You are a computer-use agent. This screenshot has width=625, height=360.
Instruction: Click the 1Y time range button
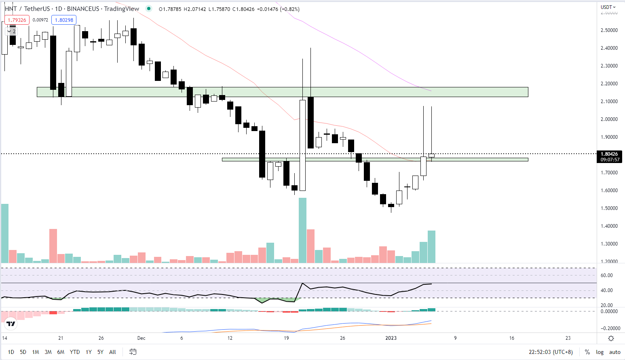(89, 352)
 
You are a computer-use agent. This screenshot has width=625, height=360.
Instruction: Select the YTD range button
(75, 352)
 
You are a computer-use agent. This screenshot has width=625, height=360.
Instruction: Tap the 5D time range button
(23, 352)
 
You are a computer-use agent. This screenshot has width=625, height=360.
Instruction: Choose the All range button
(112, 352)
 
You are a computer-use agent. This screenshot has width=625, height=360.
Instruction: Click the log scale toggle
(600, 352)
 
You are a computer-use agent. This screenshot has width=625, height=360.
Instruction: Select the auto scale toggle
(614, 352)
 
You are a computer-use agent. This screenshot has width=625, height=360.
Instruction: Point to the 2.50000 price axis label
(609, 30)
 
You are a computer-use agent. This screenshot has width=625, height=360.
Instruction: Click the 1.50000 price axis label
(609, 208)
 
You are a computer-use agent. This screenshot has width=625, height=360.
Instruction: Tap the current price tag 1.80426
(609, 154)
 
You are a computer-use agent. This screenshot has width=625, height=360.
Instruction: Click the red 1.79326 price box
(17, 20)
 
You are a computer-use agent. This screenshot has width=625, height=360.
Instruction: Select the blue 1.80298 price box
(64, 20)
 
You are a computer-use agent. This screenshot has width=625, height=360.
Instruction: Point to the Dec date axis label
(141, 338)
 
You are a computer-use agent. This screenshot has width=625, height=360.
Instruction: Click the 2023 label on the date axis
(391, 338)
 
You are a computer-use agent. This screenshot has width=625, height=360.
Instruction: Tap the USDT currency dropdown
(608, 7)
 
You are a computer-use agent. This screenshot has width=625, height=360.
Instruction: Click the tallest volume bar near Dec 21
(302, 231)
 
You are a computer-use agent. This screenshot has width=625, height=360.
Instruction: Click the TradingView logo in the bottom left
(11, 324)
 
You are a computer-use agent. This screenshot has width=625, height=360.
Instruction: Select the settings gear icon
(611, 338)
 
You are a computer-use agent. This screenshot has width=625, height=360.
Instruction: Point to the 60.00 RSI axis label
(607, 275)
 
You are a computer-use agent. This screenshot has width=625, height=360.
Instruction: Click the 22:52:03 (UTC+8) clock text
(551, 352)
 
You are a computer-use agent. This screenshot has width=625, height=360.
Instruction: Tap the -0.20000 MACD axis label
(609, 328)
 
